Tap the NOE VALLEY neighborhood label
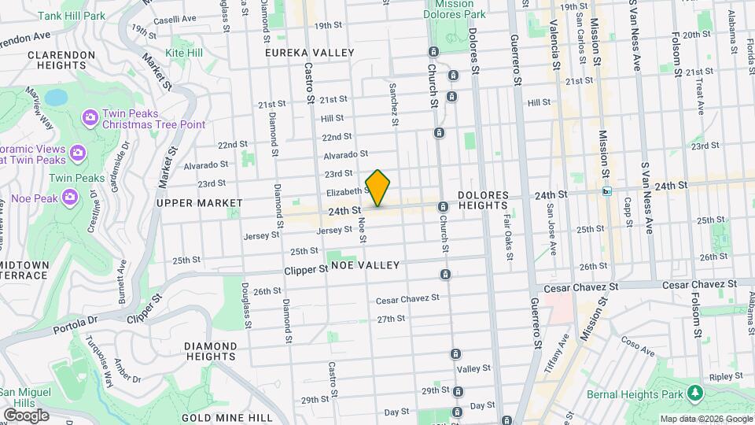tap(365, 266)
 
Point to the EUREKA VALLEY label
tap(310, 53)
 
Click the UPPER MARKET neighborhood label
tap(200, 203)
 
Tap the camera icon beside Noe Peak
tap(70, 196)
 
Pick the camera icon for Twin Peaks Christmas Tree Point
tap(90, 118)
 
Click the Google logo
tap(26, 415)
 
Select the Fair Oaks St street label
tap(509, 238)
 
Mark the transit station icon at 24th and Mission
tap(606, 190)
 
